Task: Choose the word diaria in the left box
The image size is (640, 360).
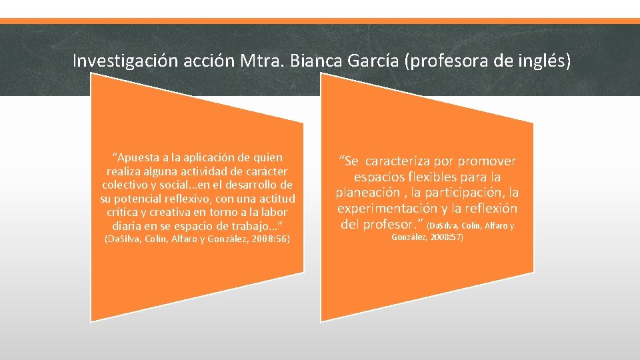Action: pos(125,225)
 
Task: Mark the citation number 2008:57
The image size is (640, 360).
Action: pos(445,237)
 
